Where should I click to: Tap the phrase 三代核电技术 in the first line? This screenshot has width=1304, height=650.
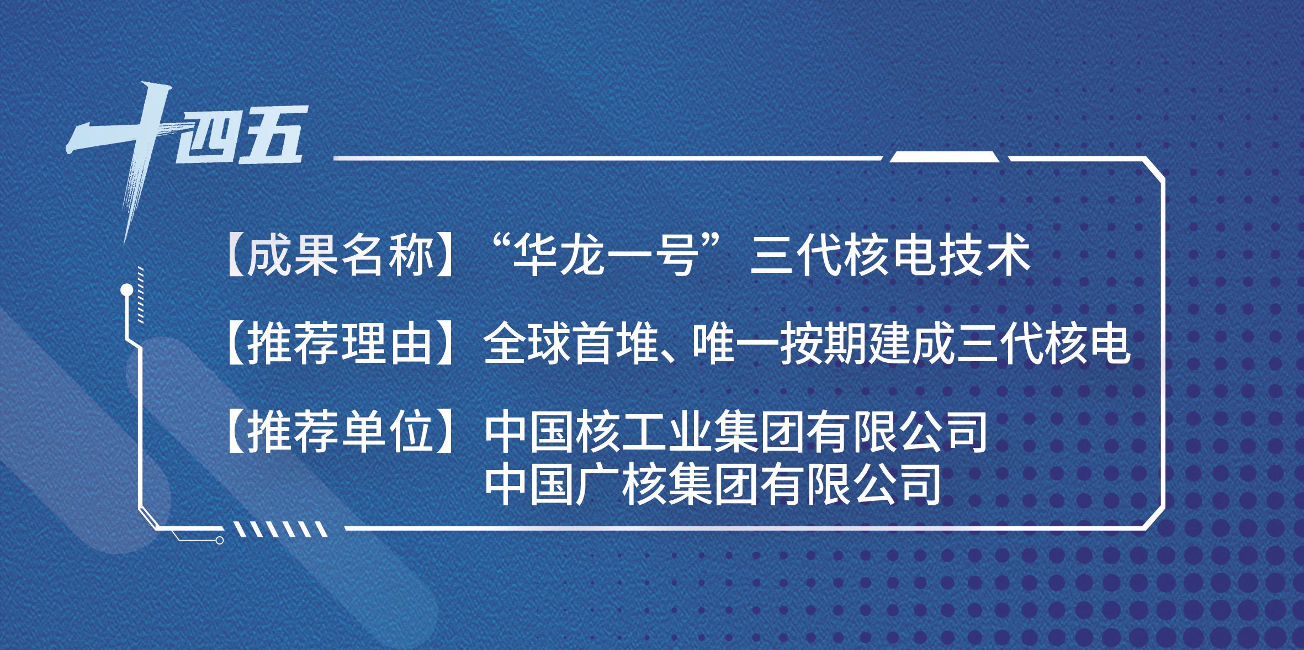pos(890,258)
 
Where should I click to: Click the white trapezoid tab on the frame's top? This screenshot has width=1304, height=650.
pos(945,157)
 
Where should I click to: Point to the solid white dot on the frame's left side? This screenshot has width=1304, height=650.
pos(126,288)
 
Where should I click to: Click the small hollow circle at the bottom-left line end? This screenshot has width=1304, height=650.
pos(220,540)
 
